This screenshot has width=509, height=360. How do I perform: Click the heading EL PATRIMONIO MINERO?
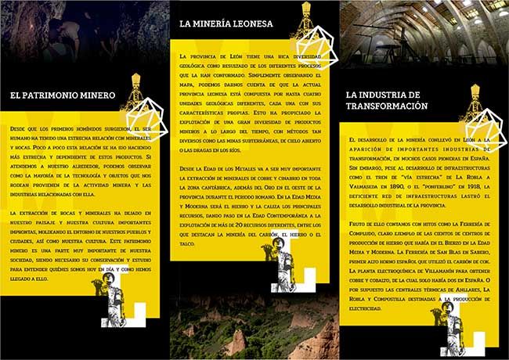point(63,95)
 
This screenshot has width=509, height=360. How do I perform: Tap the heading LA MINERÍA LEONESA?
point(226,24)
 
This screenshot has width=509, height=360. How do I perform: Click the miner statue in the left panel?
point(118,313)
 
